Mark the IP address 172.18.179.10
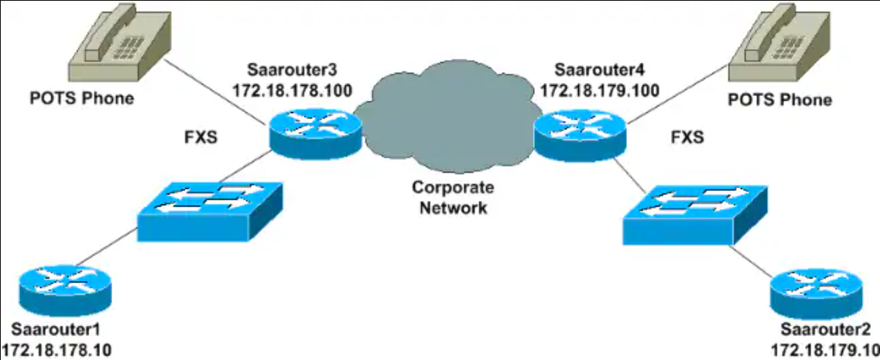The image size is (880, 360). tap(824, 350)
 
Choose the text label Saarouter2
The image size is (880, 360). tap(824, 330)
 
